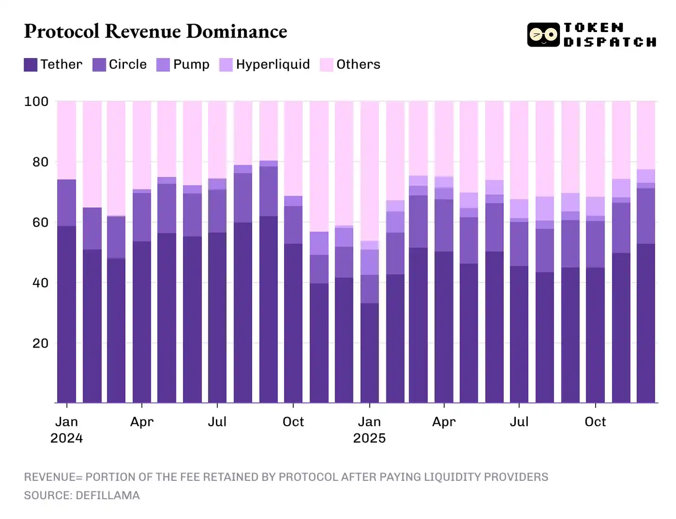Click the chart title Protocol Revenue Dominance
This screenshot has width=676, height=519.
coord(156,32)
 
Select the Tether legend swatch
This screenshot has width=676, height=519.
coord(31,65)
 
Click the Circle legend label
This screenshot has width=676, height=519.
coord(128,64)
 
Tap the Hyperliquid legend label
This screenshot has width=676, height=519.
coord(273,64)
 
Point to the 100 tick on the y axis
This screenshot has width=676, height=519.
coord(36,101)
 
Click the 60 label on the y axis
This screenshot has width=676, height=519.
coord(40,223)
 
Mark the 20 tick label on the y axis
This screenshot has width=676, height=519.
coord(40,343)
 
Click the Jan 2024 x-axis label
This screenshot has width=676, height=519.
coord(66,429)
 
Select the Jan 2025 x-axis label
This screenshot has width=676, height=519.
coord(369,429)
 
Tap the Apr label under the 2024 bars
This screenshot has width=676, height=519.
coord(142,422)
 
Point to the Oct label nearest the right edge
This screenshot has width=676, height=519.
coord(595,422)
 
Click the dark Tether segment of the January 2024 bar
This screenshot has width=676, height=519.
coord(67,316)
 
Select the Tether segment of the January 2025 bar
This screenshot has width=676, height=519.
coord(370,353)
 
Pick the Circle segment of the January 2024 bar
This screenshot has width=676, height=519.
coord(67,203)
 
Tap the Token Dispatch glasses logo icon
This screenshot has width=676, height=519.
coord(543,35)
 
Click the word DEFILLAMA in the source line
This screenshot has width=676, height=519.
coord(108,495)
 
